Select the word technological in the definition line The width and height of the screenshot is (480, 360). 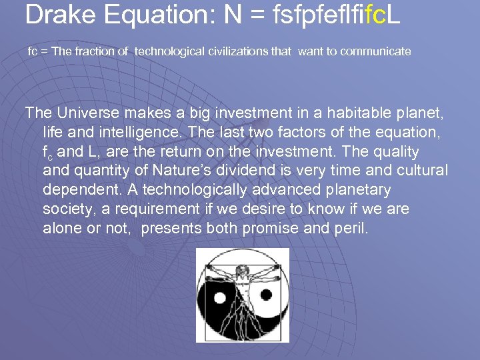point(167,51)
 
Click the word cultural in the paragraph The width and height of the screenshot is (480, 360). point(420,171)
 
